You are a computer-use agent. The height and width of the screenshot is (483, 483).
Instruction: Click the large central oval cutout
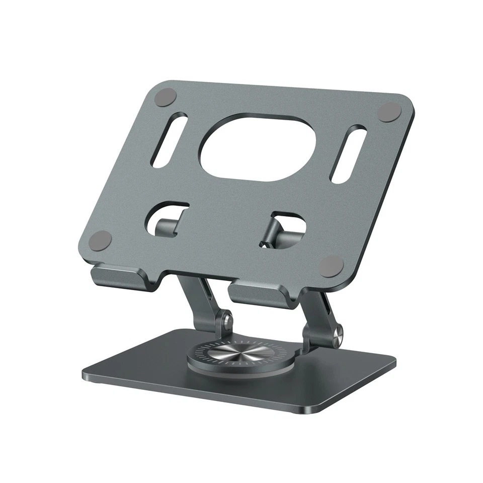pos(258,147)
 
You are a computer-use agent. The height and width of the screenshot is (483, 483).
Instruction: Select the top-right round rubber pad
pos(389,112)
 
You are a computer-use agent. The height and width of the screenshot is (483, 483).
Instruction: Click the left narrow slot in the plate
pos(169,140)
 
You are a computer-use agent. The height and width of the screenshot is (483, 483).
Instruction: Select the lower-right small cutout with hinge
pos(284,229)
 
